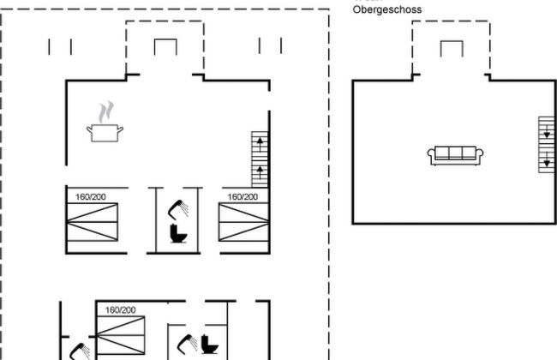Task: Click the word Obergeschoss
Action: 387,9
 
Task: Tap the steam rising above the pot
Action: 105,111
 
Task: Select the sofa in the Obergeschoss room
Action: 456,154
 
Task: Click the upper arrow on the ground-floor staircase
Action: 260,141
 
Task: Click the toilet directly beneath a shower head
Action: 178,233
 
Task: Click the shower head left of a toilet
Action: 186,345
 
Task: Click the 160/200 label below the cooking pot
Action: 90,196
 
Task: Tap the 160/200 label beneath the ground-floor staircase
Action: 243,196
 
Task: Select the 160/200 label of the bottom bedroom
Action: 120,309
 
